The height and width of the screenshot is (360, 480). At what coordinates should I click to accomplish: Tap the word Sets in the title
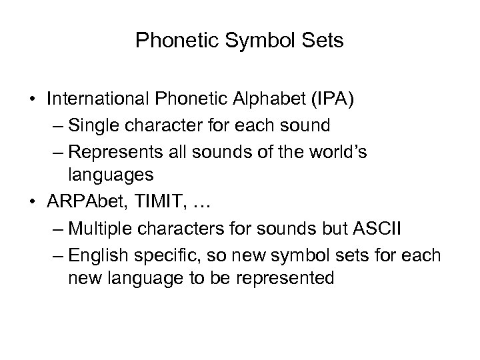322,42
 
